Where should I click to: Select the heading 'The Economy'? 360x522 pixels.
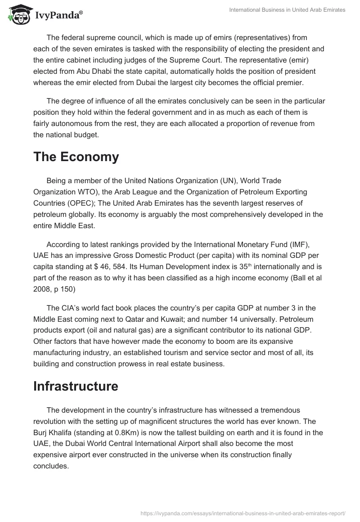tap(76, 157)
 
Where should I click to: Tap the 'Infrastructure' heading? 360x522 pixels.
tap(76, 386)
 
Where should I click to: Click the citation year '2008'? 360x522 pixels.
tap(43, 288)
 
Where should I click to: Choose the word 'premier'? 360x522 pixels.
tap(286, 82)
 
